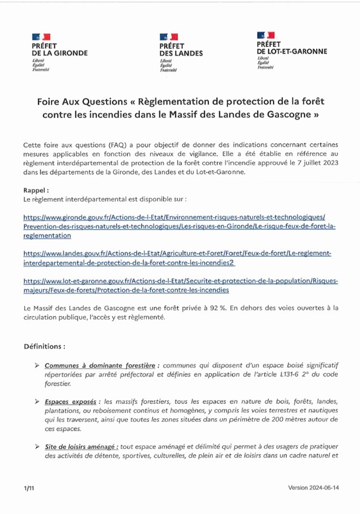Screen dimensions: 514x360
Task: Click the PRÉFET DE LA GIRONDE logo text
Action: click(59, 49)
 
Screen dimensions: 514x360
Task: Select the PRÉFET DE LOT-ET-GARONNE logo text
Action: click(291, 48)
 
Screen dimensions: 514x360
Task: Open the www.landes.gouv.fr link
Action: click(179, 256)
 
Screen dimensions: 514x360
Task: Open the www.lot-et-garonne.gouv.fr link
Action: click(179, 284)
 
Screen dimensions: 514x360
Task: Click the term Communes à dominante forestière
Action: click(101, 365)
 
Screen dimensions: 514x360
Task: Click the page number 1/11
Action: click(29, 487)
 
